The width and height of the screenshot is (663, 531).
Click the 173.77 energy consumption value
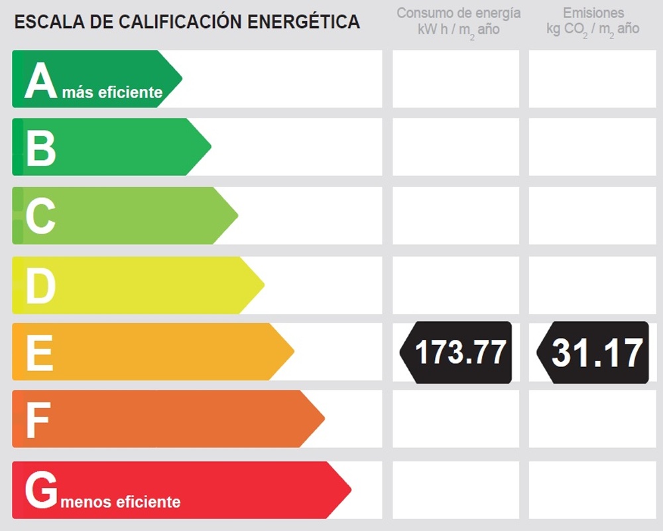(461, 352)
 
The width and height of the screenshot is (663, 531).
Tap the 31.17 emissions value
(597, 352)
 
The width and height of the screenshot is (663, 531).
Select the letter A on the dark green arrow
(40, 80)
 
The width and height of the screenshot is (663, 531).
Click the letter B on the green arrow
(40, 148)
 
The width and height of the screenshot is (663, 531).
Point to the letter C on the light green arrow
(40, 216)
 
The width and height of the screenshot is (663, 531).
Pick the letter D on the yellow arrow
(40, 285)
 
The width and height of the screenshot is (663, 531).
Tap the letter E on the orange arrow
(40, 352)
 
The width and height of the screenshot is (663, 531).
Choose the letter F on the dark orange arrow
(38, 420)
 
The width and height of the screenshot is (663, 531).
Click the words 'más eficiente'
(112, 92)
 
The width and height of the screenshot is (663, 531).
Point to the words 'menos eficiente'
(121, 502)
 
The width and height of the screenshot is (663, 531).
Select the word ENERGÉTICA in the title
(303, 21)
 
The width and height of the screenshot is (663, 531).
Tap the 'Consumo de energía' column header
(458, 13)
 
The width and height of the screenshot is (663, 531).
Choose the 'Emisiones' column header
(593, 13)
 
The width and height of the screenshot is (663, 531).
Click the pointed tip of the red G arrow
(351, 490)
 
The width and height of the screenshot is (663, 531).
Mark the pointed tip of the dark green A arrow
(182, 79)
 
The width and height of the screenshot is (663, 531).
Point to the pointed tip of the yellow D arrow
(265, 285)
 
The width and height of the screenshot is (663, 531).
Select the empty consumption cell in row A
(456, 79)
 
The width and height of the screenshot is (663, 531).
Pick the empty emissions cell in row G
(592, 490)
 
